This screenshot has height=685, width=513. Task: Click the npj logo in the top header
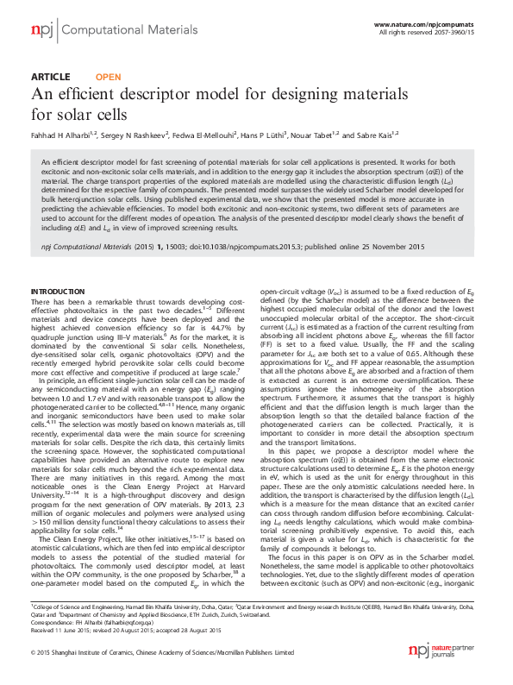41,30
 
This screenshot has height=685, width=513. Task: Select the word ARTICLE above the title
50,77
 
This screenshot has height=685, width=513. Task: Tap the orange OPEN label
107,77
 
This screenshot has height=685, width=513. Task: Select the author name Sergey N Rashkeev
137,135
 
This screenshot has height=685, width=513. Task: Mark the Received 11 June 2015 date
65,628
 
